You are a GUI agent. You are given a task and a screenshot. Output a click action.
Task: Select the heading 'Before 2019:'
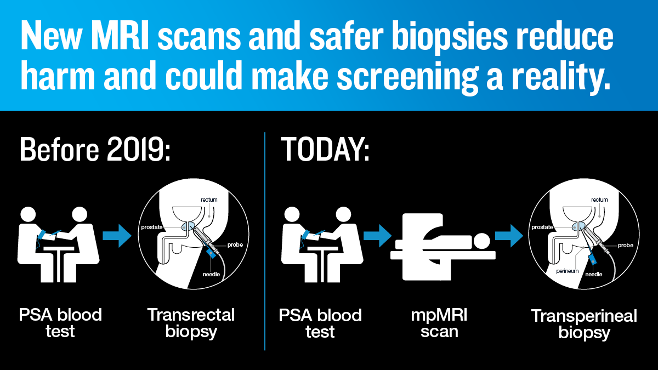coord(95,150)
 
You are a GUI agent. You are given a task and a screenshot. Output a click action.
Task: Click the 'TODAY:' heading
coord(325,150)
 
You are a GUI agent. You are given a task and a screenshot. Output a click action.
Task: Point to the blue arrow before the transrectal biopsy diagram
coord(117,236)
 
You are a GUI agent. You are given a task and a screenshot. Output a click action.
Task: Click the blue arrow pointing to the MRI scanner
coord(377,236)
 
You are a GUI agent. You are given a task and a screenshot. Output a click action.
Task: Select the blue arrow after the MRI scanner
coord(509,236)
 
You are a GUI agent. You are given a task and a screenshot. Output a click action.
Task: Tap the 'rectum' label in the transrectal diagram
coord(209,200)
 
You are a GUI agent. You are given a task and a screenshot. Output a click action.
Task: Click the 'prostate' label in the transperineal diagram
coord(542,227)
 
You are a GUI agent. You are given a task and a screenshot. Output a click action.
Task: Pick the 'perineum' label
coord(567,271)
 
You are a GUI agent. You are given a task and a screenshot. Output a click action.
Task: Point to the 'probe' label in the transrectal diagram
coord(235,245)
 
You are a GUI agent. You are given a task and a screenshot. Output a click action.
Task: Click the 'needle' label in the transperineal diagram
coord(594,274)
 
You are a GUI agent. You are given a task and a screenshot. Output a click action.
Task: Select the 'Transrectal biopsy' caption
coord(191,323)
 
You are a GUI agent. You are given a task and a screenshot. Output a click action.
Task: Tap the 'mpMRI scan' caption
coord(439,323)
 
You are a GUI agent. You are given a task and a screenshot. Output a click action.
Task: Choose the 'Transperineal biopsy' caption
coord(584,324)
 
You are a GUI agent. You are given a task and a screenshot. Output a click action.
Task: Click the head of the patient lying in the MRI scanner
coord(481,241)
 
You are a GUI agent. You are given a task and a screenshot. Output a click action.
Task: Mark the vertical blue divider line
coord(265,241)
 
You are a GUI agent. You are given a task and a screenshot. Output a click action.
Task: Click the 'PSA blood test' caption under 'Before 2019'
coord(60,323)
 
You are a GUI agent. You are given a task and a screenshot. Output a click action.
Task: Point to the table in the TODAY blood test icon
coord(322,264)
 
